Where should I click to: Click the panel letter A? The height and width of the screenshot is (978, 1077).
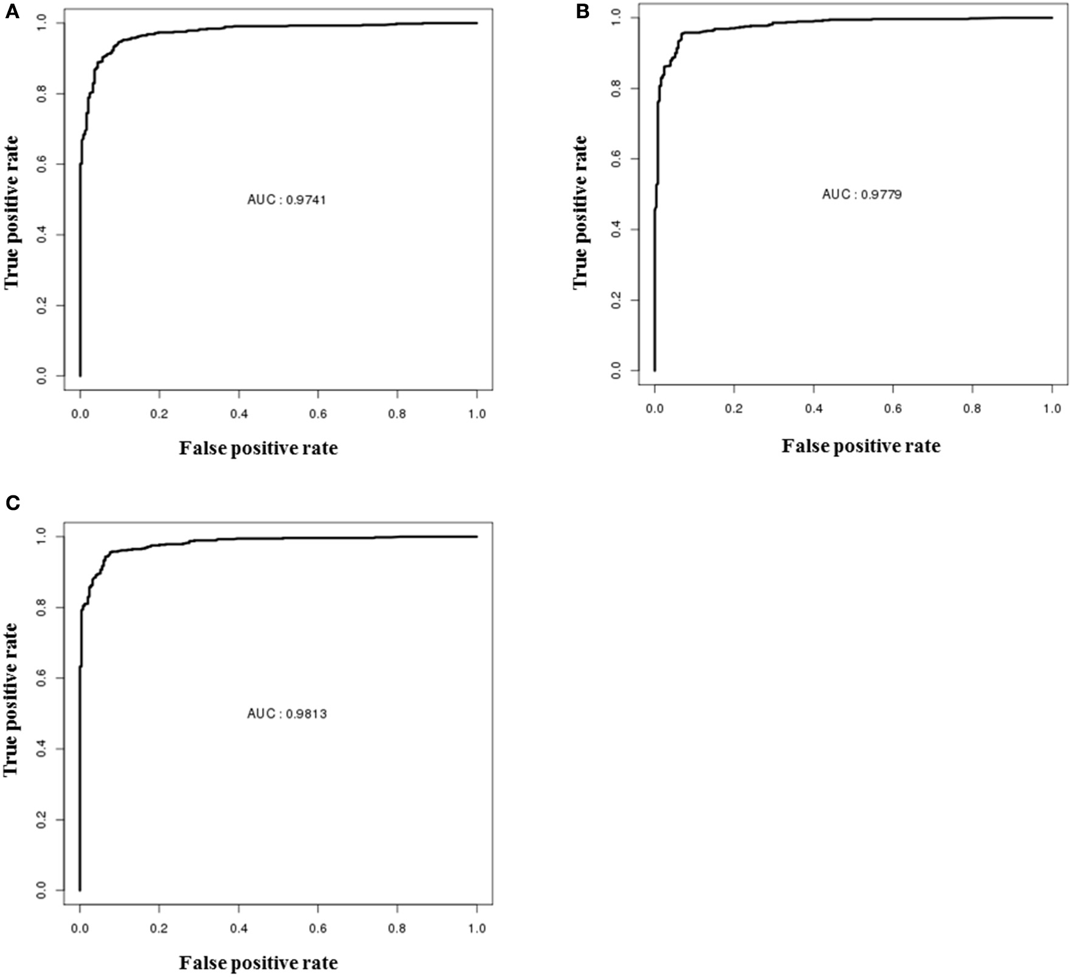pyautogui.click(x=12, y=13)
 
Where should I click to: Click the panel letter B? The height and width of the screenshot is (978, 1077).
pyautogui.click(x=582, y=12)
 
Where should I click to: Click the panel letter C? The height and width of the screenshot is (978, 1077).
pyautogui.click(x=12, y=503)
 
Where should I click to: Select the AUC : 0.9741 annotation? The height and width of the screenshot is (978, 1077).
pyautogui.click(x=287, y=200)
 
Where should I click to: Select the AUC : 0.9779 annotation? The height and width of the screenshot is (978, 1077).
pyautogui.click(x=862, y=195)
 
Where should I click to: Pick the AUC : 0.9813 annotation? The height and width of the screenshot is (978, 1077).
pyautogui.click(x=287, y=714)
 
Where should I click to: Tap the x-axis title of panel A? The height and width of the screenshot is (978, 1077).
pyautogui.click(x=258, y=449)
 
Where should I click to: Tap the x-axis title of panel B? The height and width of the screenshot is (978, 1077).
pyautogui.click(x=861, y=446)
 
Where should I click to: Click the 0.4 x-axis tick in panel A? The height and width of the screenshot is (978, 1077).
pyautogui.click(x=239, y=414)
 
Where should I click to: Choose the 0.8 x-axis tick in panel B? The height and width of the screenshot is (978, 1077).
pyautogui.click(x=972, y=409)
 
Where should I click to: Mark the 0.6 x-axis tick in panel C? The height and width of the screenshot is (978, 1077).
pyautogui.click(x=318, y=928)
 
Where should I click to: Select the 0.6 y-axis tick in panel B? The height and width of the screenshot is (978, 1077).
pyautogui.click(x=616, y=159)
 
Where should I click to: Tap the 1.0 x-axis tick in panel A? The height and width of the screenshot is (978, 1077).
pyautogui.click(x=477, y=414)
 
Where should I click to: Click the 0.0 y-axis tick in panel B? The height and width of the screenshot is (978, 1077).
pyautogui.click(x=616, y=370)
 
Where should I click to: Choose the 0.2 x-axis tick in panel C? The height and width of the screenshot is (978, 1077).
pyautogui.click(x=159, y=928)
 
